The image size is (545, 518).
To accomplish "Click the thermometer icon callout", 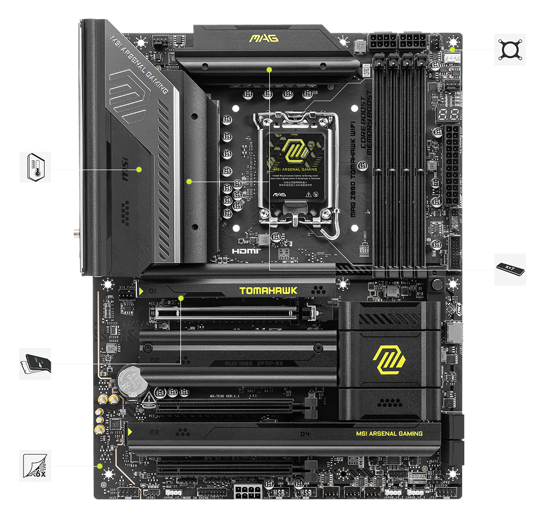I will [x=35, y=167].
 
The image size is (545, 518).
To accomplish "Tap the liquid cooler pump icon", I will [x=510, y=50].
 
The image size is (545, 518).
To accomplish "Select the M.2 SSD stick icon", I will [x=510, y=269].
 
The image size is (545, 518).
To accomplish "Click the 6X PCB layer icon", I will [x=35, y=466].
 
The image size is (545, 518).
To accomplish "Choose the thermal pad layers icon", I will [x=35, y=364].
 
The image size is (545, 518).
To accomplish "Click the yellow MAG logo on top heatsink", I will [x=263, y=38].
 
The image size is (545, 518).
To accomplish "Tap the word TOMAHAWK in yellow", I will [x=261, y=291].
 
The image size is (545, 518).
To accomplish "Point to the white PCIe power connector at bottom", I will [x=249, y=491].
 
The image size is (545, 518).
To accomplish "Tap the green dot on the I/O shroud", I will [x=139, y=169].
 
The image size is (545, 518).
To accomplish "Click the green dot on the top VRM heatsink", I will [x=269, y=69].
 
